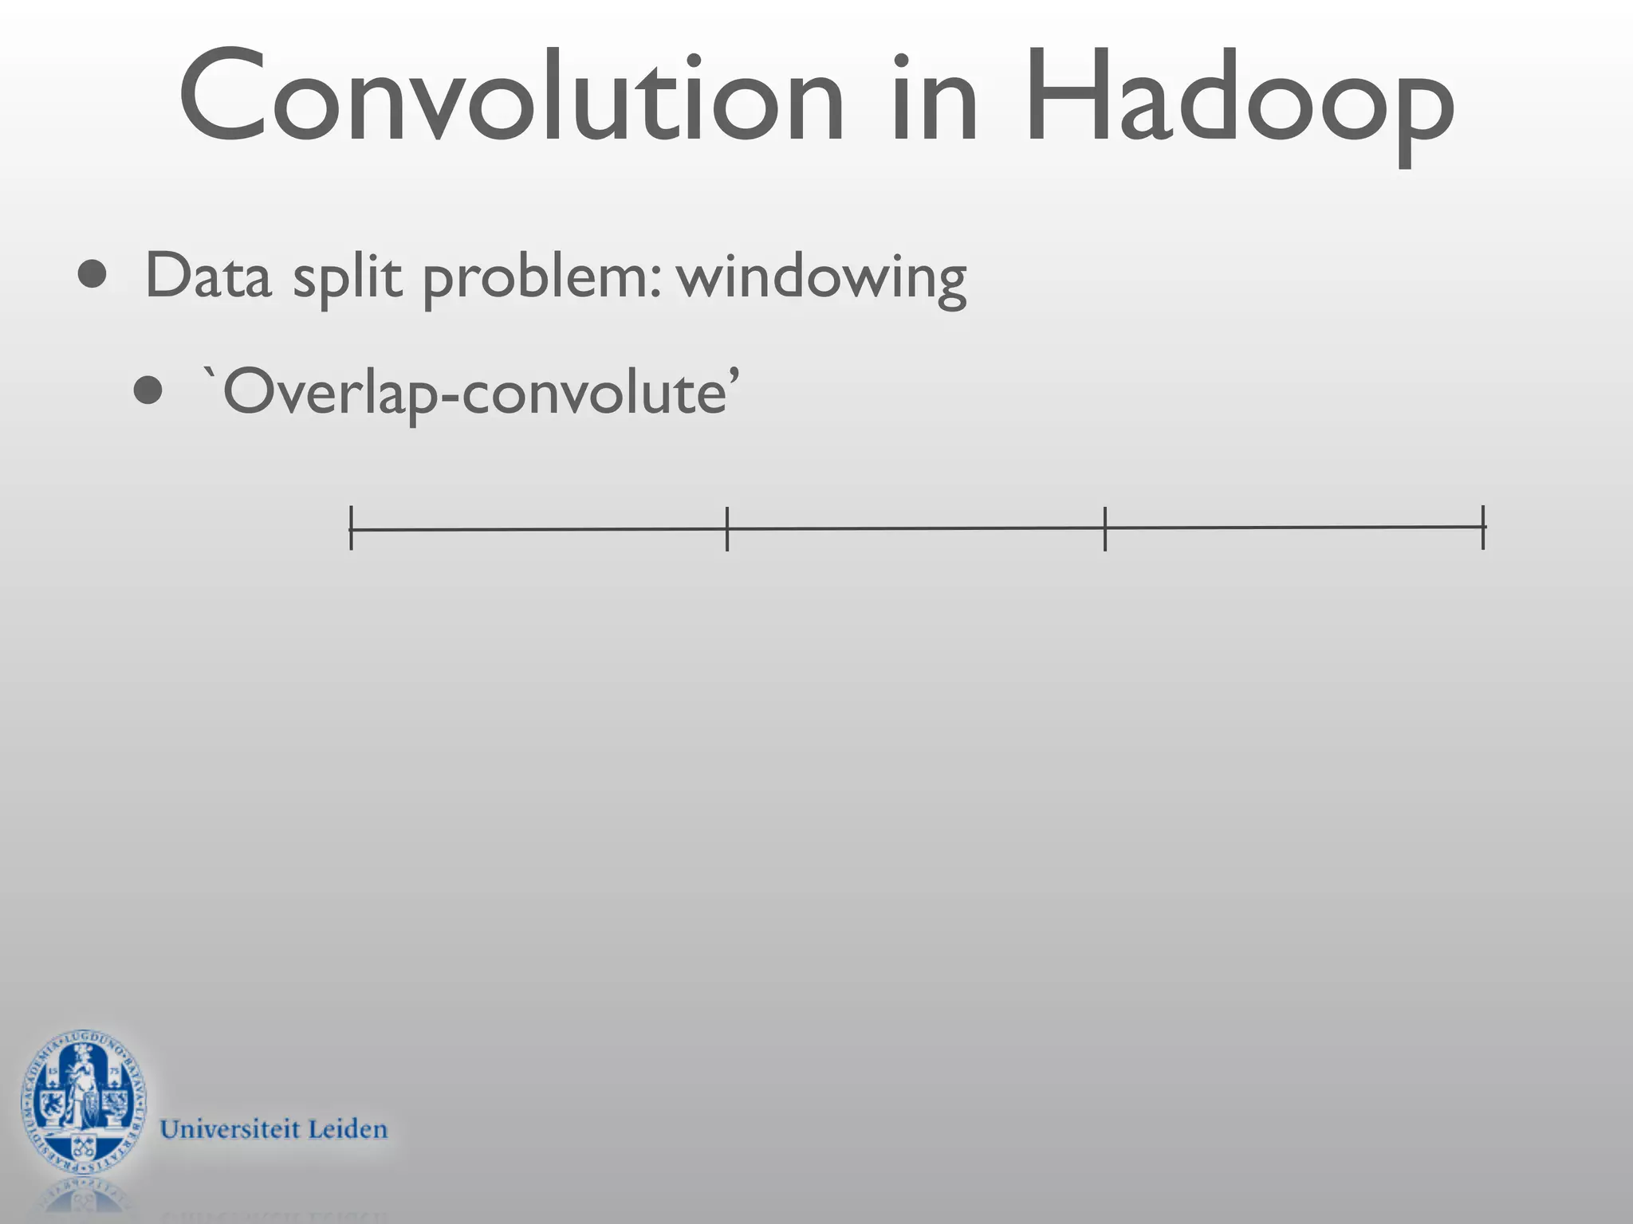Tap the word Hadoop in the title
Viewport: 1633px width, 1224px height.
[x=1240, y=100]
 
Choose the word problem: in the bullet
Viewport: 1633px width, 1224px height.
[x=542, y=279]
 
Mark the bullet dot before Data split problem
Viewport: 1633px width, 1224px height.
[x=92, y=275]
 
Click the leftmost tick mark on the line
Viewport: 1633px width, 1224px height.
[x=351, y=528]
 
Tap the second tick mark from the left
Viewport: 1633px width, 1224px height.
[x=727, y=528]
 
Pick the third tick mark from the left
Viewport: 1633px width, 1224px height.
[x=1105, y=528]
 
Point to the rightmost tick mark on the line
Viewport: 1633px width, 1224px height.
[x=1483, y=527]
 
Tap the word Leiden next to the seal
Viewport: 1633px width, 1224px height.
[x=348, y=1129]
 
